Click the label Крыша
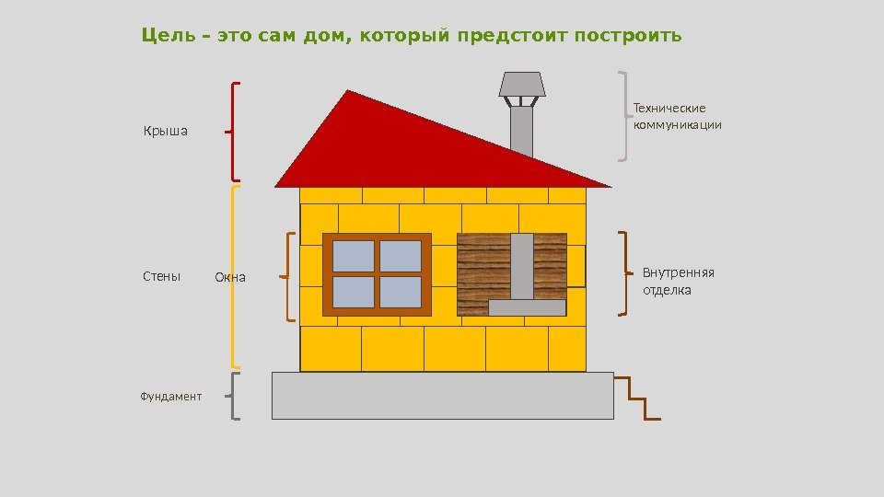165,131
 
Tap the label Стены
162,276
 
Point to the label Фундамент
170,397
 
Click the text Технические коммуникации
677,117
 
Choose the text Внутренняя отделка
678,282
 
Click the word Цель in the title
171,36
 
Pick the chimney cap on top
522,86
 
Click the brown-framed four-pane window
377,274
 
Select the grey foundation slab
442,396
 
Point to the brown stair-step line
637,399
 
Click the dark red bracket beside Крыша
236,131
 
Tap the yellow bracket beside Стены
234,276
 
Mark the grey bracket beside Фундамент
234,397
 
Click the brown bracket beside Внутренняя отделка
624,274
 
